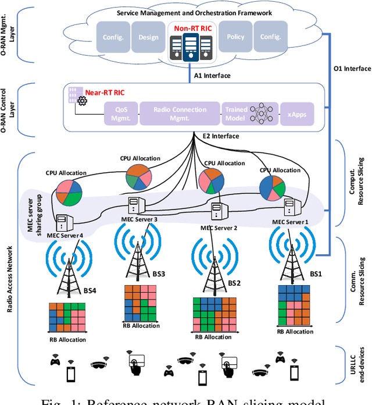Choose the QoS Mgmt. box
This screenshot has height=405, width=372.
tap(120, 114)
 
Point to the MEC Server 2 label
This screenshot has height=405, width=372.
tap(219, 228)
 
